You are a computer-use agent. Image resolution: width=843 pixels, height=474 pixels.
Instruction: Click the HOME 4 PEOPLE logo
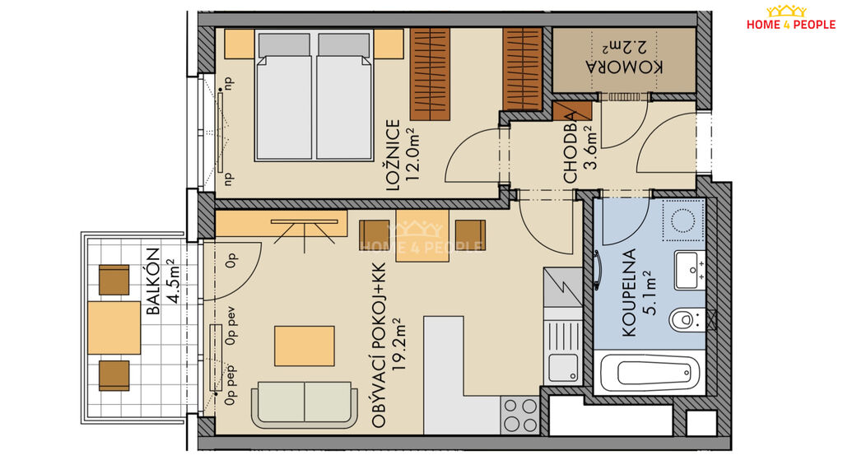791,18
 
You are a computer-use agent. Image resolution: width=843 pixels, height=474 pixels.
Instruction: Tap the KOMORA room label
624,67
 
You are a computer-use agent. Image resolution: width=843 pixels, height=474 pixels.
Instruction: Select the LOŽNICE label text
393,156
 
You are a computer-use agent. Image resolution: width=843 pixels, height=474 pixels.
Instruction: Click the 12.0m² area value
412,154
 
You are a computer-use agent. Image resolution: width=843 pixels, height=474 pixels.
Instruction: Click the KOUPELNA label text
628,292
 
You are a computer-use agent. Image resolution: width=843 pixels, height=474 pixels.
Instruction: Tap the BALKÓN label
153,281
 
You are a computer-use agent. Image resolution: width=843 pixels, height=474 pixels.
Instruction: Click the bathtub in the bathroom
650,373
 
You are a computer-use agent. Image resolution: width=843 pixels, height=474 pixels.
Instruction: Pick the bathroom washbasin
690,270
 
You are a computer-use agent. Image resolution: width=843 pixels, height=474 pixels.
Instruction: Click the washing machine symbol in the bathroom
683,221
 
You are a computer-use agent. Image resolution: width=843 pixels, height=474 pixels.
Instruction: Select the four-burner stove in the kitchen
519,415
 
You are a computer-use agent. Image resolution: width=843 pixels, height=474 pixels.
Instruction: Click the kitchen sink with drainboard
562,352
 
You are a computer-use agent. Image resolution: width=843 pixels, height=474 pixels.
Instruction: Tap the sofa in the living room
305,405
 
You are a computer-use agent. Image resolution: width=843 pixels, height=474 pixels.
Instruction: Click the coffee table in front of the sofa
305,346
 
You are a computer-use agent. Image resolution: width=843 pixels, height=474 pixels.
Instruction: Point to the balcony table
114,328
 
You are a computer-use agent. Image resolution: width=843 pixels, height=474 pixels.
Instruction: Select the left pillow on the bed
284,45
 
